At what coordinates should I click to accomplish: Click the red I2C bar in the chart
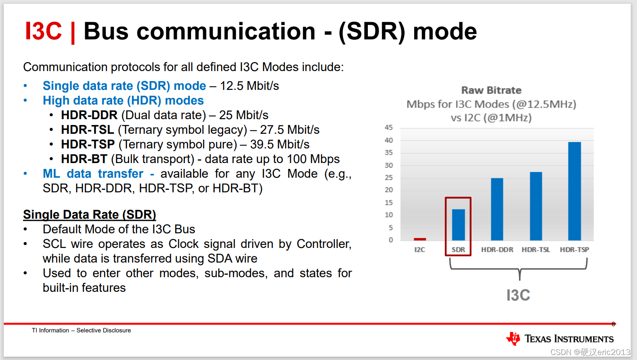click(420, 239)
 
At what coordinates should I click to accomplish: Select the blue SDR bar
click(459, 225)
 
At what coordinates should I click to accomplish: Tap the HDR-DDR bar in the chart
click(497, 209)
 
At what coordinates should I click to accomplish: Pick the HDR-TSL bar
click(536, 206)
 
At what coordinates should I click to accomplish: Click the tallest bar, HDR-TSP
click(574, 191)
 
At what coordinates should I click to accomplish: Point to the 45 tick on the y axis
click(389, 128)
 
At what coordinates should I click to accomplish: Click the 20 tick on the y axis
click(389, 190)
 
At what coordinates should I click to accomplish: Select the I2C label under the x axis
click(420, 250)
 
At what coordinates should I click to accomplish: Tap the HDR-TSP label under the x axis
click(574, 250)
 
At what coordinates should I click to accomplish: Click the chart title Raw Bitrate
click(492, 90)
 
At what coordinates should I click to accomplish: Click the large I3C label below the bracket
click(518, 295)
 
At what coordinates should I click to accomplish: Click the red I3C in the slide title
click(43, 31)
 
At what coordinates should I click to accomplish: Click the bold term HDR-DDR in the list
click(89, 115)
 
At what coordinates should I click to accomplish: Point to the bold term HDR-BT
click(84, 159)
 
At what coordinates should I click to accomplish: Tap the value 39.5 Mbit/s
click(280, 144)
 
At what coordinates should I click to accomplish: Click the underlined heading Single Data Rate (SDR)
click(89, 214)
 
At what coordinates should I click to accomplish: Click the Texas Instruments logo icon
click(513, 338)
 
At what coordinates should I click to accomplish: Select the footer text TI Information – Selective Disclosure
click(82, 330)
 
